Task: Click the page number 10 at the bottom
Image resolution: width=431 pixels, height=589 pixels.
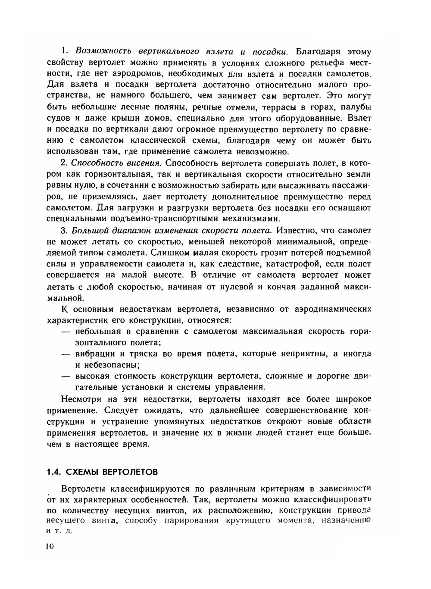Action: point(49,546)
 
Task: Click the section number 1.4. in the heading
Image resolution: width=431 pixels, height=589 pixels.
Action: point(54,472)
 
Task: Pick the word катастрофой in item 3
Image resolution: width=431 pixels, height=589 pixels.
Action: point(294,263)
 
